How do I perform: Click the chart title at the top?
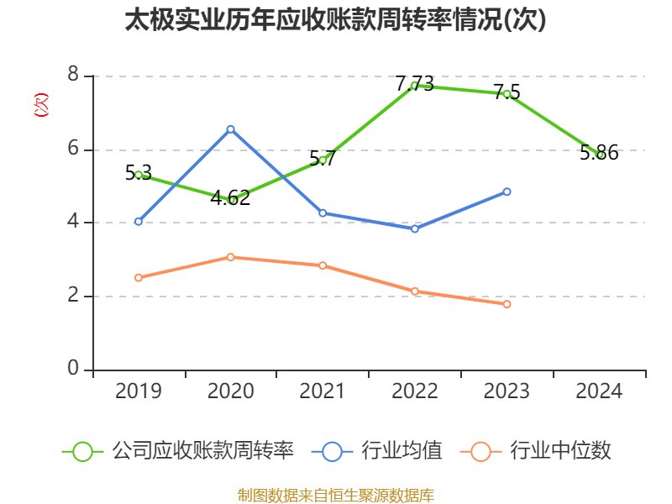(x=335, y=20)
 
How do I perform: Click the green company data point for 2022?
(x=414, y=85)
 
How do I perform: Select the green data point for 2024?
(x=599, y=155)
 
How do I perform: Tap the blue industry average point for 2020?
(x=230, y=129)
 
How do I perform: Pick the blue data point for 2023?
(x=507, y=192)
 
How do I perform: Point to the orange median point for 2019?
(x=139, y=277)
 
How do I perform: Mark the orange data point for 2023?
(x=507, y=304)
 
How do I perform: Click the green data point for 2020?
(x=231, y=199)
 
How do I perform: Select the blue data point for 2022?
(x=414, y=228)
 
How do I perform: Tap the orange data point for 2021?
(x=323, y=265)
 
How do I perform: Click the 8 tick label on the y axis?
(x=73, y=76)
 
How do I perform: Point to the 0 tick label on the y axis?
(x=73, y=369)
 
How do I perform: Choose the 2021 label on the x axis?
(x=323, y=391)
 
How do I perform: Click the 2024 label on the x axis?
(x=599, y=391)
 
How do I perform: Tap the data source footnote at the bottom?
(x=335, y=495)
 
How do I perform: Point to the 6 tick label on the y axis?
(x=73, y=149)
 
